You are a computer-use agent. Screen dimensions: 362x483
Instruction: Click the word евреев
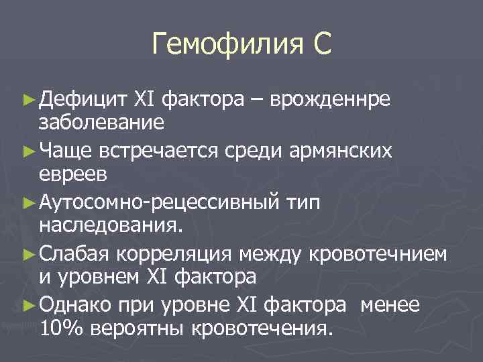tap(72, 172)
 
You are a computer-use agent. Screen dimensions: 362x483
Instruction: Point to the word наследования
tap(110, 223)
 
